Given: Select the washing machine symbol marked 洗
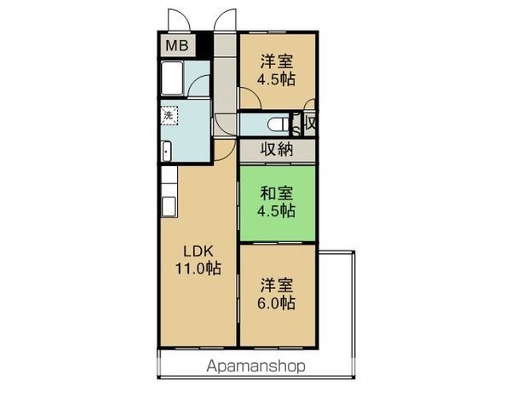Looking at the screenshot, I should pyautogui.click(x=168, y=114).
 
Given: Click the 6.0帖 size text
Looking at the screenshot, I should pyautogui.click(x=278, y=303).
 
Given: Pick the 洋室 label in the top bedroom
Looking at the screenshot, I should pyautogui.click(x=277, y=61).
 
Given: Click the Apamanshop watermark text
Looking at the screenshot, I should pyautogui.click(x=255, y=366).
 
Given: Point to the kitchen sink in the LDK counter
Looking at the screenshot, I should pyautogui.click(x=168, y=207).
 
